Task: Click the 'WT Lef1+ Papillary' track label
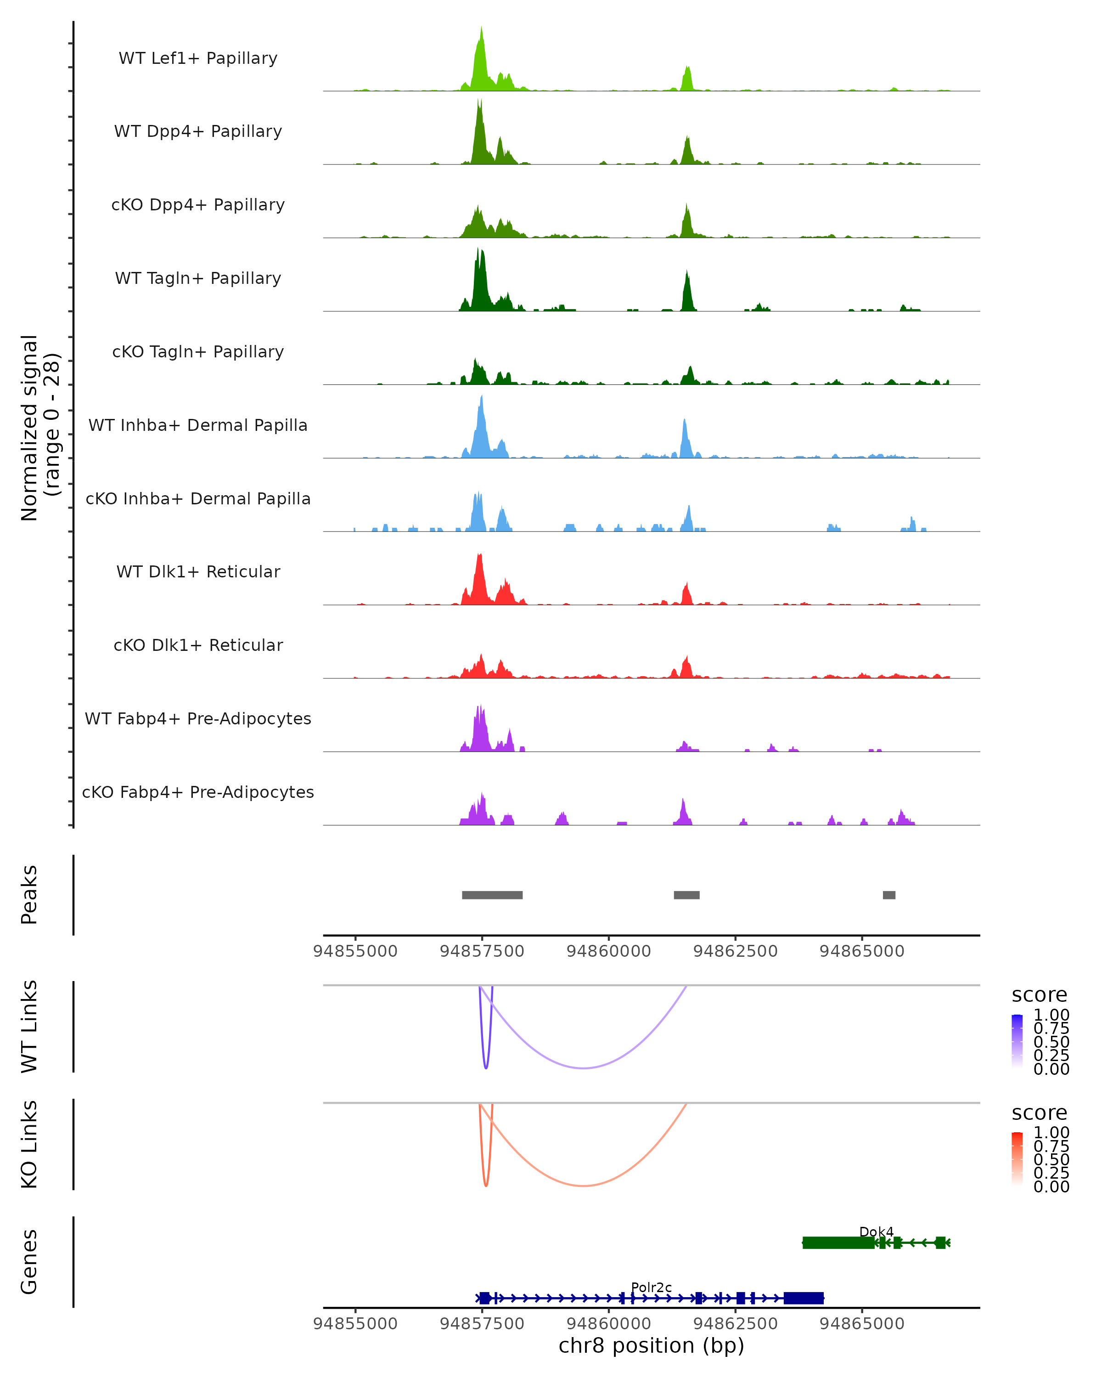(x=198, y=58)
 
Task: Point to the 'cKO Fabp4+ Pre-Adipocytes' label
(x=198, y=792)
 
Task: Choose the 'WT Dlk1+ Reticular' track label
(x=198, y=571)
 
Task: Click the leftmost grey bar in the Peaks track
(x=492, y=895)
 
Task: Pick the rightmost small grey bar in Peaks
(x=888, y=895)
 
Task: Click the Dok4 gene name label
(x=876, y=1231)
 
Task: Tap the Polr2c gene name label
(x=651, y=1287)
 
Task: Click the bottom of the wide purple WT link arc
(x=583, y=1067)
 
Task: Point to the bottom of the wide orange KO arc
(x=583, y=1186)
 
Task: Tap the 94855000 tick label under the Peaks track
(x=355, y=951)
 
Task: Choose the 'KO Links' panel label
(x=29, y=1144)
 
